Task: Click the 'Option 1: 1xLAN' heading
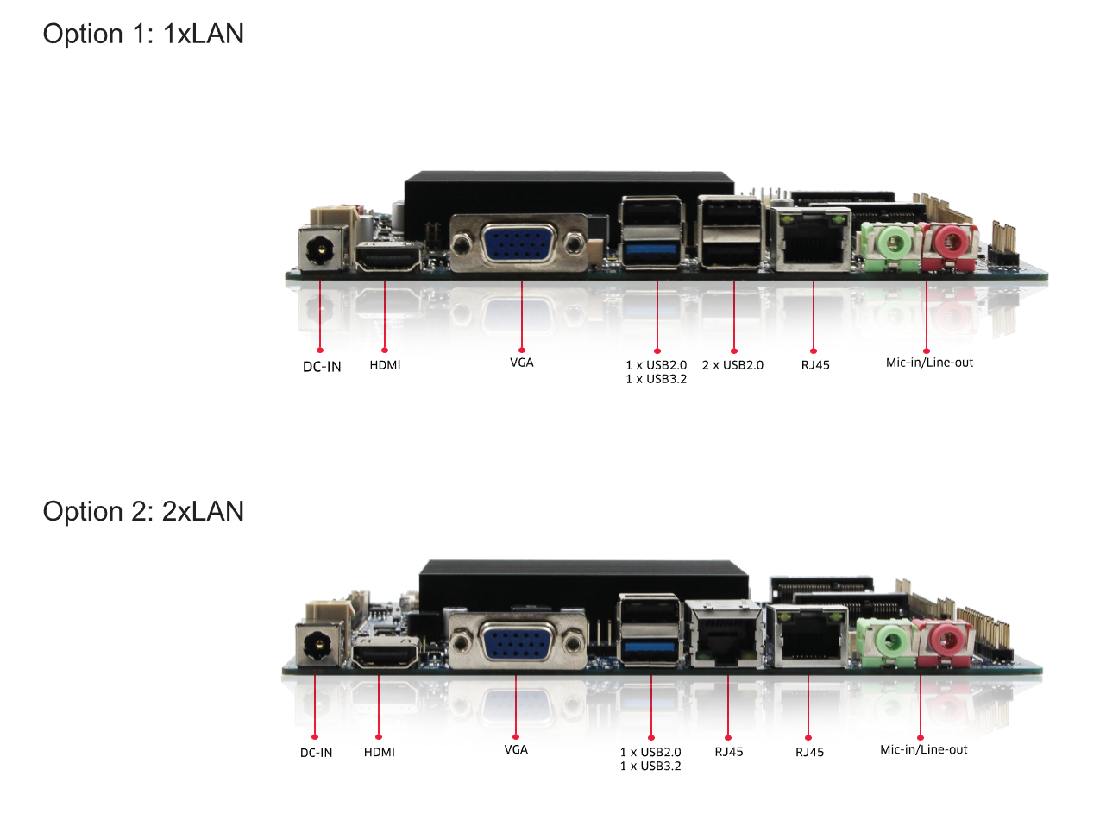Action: (x=143, y=34)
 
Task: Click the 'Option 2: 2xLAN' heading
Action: (x=143, y=511)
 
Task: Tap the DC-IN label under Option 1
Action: (x=322, y=367)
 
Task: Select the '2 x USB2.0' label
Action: (x=732, y=365)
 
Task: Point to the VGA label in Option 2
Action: (x=516, y=749)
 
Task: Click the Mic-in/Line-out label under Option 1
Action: (x=929, y=363)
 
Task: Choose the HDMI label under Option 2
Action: (x=379, y=752)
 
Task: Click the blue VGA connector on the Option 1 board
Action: (x=518, y=243)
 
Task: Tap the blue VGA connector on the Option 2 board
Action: (x=515, y=643)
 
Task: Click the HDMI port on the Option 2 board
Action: (x=385, y=654)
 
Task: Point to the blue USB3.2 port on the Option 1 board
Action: (x=651, y=252)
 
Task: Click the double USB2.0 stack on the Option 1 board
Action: (x=731, y=233)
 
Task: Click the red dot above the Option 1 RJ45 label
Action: (x=814, y=351)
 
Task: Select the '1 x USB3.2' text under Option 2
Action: (x=650, y=766)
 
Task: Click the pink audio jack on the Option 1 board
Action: (x=948, y=241)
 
